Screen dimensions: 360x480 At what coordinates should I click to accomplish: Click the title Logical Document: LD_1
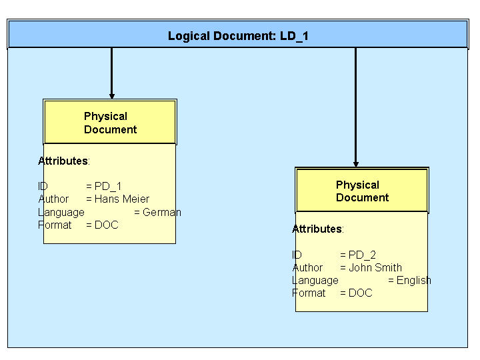[238, 36]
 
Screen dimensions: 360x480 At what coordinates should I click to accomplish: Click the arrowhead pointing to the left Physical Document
[111, 95]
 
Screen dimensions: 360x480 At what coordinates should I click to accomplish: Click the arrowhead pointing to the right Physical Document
[355, 163]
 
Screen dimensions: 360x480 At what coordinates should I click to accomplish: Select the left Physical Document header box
[110, 123]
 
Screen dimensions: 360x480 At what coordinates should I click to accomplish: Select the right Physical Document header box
[361, 191]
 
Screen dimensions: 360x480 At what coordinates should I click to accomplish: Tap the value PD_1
[108, 187]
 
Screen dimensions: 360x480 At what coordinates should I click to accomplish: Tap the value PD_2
[362, 255]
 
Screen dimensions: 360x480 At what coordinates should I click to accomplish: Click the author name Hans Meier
[121, 199]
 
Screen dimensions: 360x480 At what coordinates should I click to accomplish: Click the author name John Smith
[375, 267]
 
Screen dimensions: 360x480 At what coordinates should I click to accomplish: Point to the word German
[161, 212]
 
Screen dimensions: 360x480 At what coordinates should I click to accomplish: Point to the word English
[413, 280]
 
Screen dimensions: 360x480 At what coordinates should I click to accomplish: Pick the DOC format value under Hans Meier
[106, 225]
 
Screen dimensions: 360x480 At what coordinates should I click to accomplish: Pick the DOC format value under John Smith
[360, 293]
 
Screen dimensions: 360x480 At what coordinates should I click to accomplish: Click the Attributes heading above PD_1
[63, 161]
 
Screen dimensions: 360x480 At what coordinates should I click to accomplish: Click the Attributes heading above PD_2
[317, 229]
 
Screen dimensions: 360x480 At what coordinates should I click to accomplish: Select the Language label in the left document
[61, 212]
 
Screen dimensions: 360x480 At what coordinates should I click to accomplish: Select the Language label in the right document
[315, 280]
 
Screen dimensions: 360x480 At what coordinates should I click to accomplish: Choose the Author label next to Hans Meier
[53, 199]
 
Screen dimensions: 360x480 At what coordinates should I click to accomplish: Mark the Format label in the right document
[309, 293]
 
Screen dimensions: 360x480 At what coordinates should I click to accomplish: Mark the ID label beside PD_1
[43, 187]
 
